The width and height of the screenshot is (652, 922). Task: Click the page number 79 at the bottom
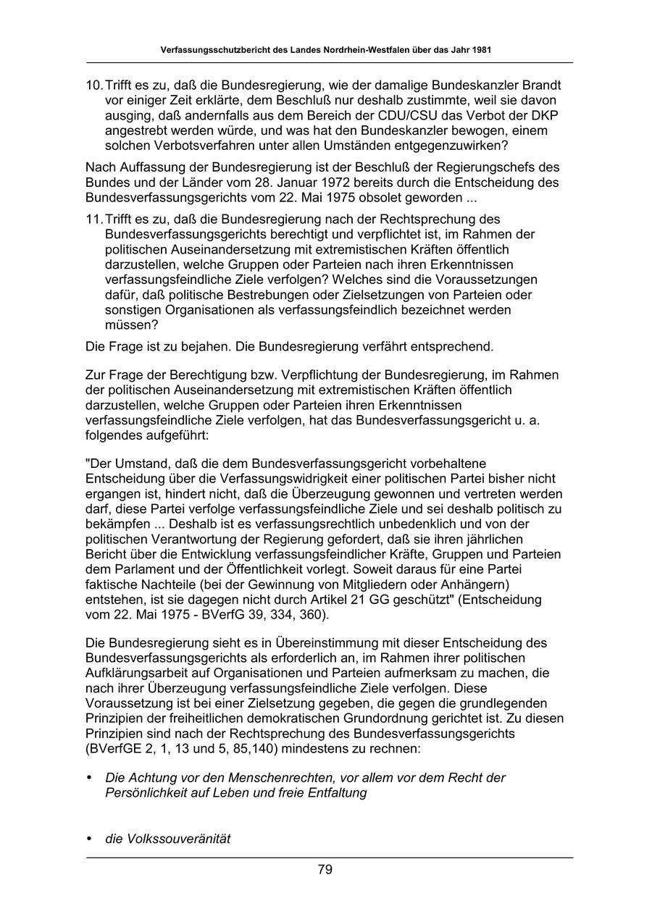325,870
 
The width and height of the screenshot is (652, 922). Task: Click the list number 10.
94,85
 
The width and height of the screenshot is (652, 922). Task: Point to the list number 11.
94,219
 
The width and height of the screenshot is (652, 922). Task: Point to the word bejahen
195,346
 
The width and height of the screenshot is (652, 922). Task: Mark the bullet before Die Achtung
90,778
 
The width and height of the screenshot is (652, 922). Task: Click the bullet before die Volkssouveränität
90,839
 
